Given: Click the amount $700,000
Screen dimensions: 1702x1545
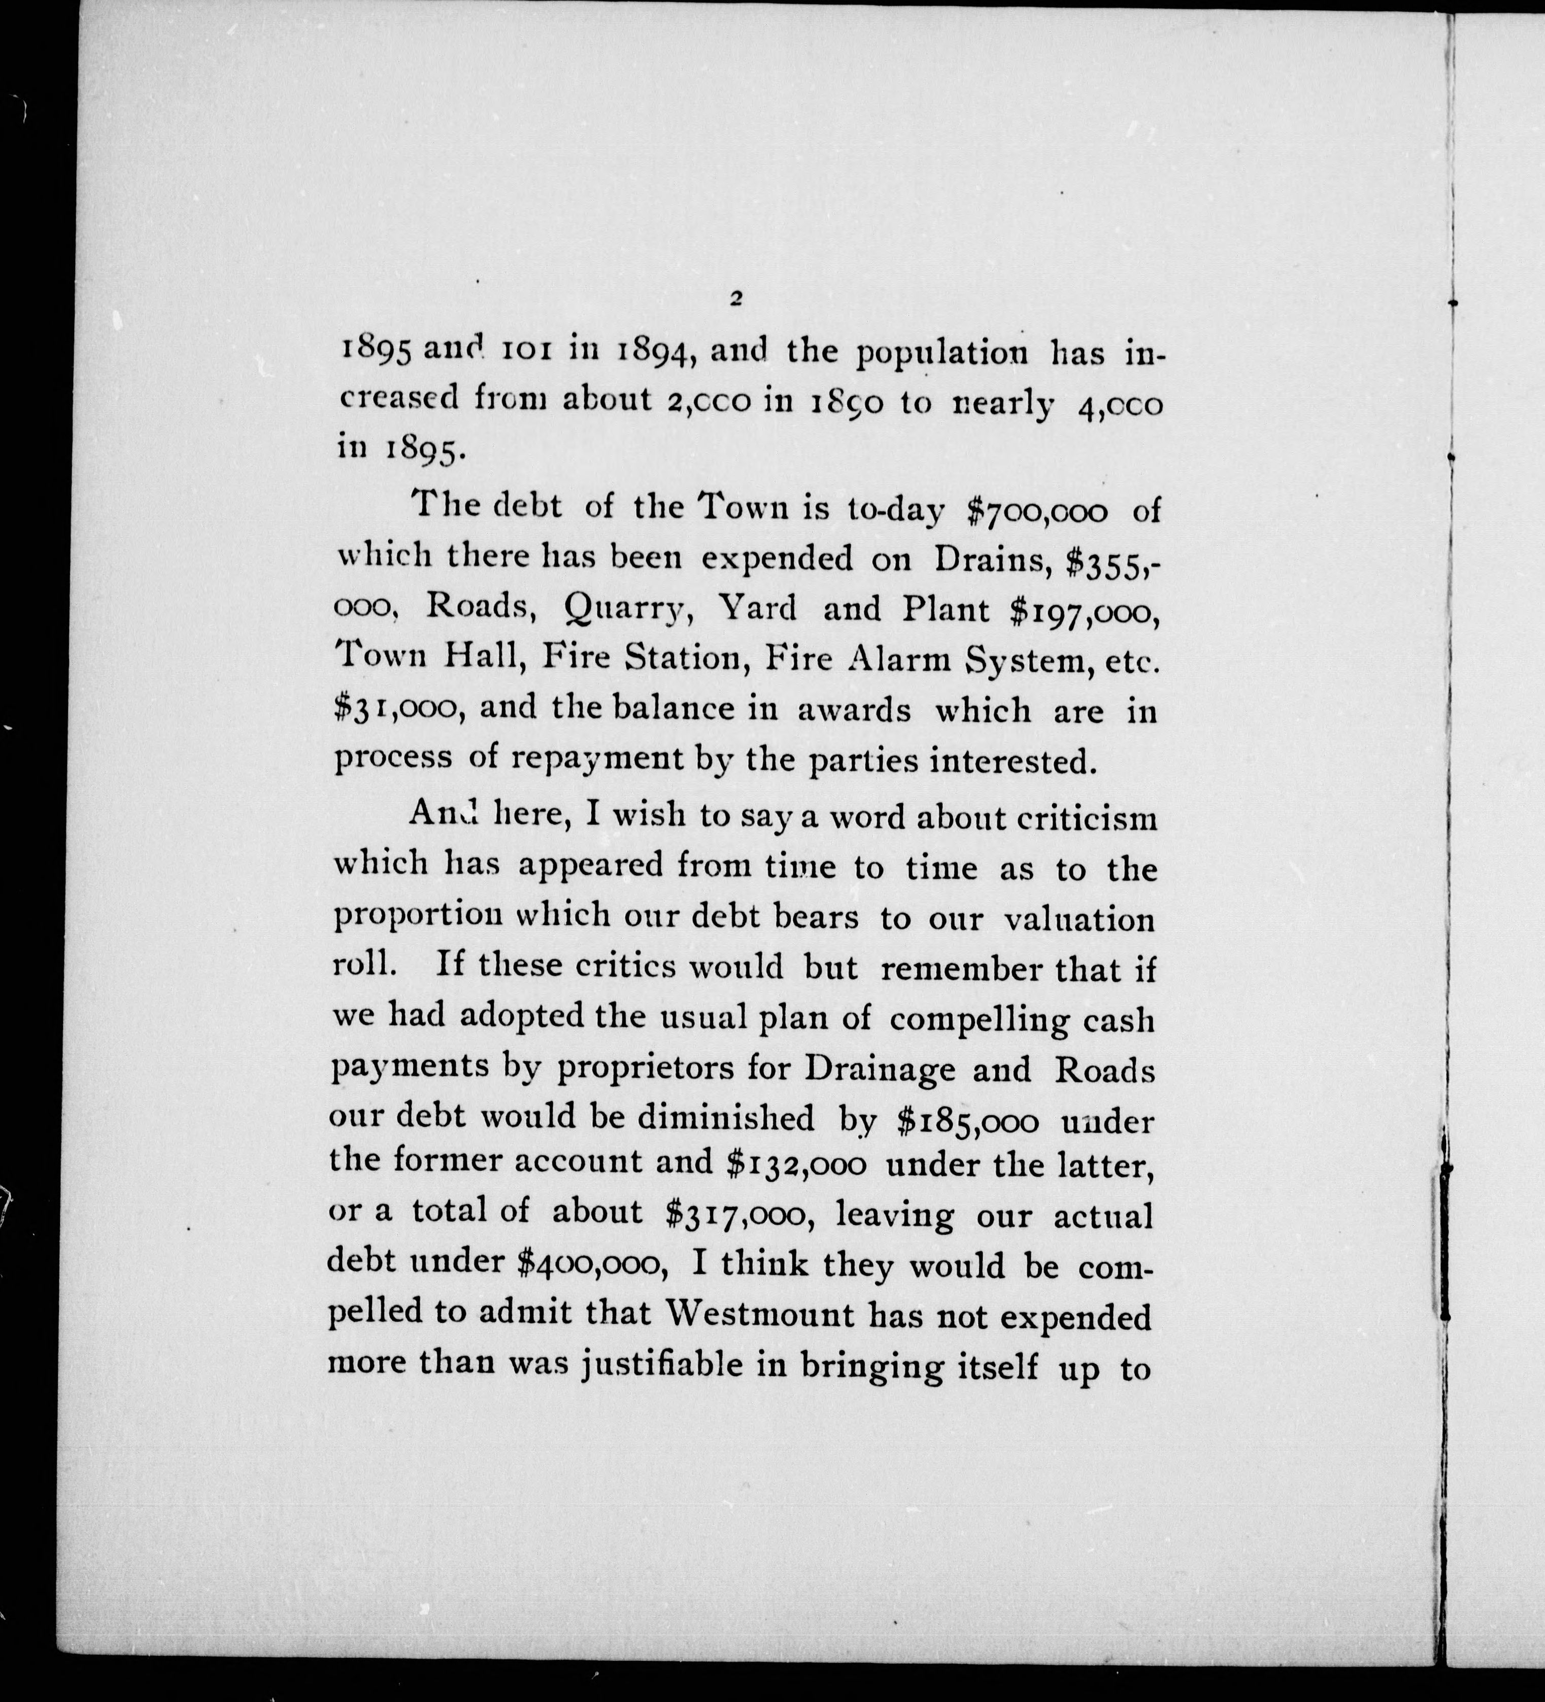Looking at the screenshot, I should pyautogui.click(x=1037, y=511).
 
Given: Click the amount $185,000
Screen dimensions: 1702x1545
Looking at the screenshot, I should pyautogui.click(x=968, y=1120).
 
